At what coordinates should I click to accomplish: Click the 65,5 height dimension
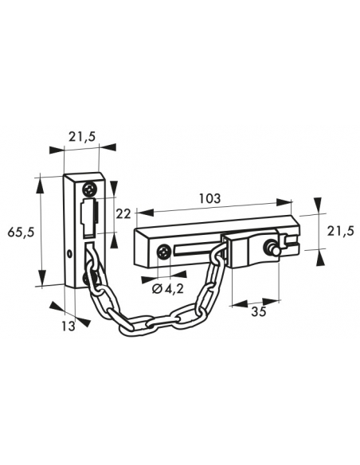[18, 232]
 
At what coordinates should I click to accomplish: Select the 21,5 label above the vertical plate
[82, 137]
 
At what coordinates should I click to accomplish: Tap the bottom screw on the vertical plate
[88, 279]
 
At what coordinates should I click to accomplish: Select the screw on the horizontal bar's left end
[163, 253]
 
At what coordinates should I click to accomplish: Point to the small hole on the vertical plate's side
[70, 254]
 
